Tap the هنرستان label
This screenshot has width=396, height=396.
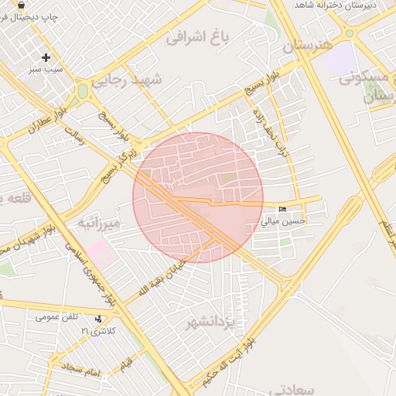[x=310, y=46]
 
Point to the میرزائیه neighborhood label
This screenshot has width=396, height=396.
[x=98, y=224]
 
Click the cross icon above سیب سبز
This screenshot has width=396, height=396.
[x=46, y=56]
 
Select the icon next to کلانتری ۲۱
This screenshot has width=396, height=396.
[x=98, y=319]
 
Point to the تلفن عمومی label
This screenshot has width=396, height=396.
[x=56, y=316]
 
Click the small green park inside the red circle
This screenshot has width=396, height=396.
[x=229, y=179]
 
